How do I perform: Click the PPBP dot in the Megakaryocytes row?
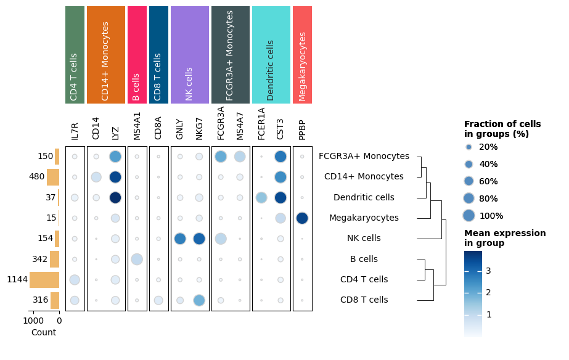(x=302, y=218)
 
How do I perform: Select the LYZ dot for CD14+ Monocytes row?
(x=115, y=178)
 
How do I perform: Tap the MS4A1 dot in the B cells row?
(x=137, y=260)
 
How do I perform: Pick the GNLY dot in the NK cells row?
(x=180, y=239)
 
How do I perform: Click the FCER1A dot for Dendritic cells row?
(x=261, y=198)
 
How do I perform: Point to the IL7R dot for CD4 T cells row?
(x=75, y=280)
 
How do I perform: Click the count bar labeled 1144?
(x=44, y=280)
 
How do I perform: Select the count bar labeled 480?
(x=53, y=178)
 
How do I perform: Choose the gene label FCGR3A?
(x=221, y=123)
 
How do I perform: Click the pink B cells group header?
(x=137, y=55)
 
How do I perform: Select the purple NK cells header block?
(x=189, y=55)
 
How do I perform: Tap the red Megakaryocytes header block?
(x=302, y=55)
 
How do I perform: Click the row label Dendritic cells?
(x=364, y=198)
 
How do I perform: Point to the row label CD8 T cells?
(x=364, y=300)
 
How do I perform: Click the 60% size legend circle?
(x=469, y=181)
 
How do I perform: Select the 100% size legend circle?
(x=469, y=216)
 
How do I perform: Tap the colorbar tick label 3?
(x=488, y=270)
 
